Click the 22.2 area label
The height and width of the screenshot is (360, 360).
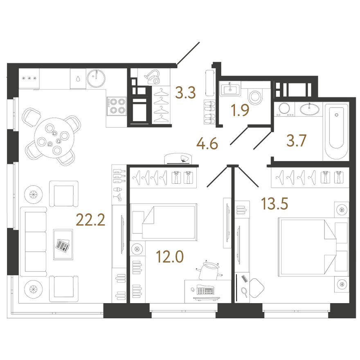coord(90,220)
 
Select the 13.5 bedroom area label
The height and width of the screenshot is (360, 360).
coord(274,204)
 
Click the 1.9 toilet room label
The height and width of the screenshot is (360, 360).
coord(240,111)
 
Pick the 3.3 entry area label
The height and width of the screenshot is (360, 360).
coord(185,93)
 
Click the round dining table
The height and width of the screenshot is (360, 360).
coord(54,138)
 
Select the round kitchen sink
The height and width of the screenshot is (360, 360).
coord(97,78)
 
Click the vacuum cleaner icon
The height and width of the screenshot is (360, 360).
coord(152,77)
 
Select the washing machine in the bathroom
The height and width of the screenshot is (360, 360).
coord(284,109)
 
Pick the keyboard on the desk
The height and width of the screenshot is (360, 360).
coord(205,290)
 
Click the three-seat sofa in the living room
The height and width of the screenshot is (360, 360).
coord(34,241)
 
